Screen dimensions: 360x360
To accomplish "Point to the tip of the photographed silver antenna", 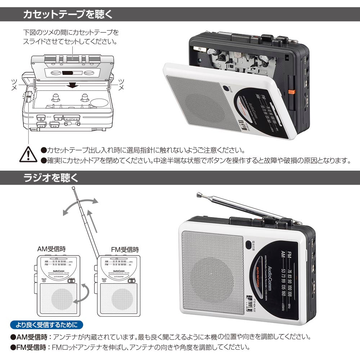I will click(x=198, y=195).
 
